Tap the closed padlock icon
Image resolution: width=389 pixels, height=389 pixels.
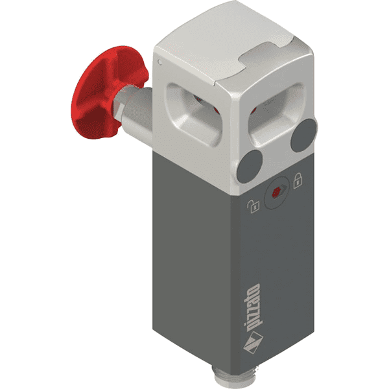(298, 180)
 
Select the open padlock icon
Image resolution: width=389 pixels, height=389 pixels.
(253, 206)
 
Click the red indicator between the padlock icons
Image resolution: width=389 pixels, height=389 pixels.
(276, 192)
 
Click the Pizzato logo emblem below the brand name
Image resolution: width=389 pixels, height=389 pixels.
(253, 342)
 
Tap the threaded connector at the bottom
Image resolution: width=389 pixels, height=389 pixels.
(224, 377)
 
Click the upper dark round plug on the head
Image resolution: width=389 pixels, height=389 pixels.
(303, 136)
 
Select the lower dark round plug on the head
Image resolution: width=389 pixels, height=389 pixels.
(250, 167)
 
